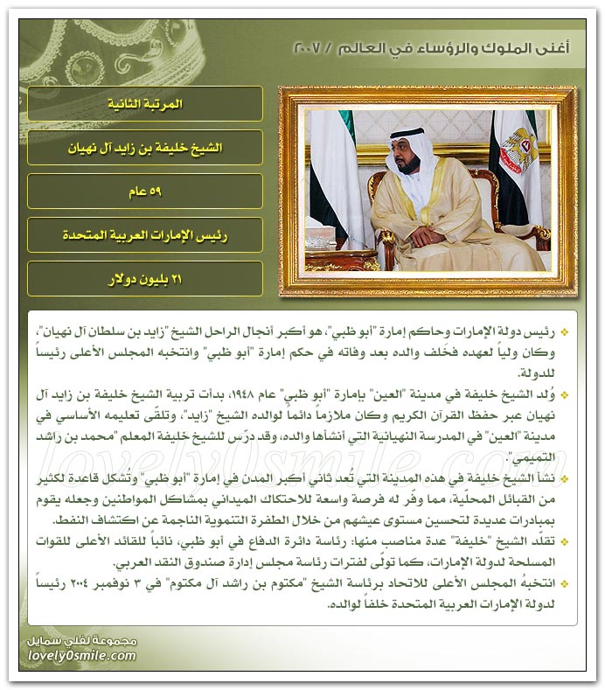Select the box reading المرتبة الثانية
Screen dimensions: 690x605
click(x=145, y=104)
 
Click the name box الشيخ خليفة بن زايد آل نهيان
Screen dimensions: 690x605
click(x=145, y=148)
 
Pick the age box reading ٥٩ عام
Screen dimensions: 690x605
click(x=145, y=191)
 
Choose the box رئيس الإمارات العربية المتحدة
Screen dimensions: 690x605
click(x=145, y=234)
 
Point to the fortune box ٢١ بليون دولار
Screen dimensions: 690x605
click(x=145, y=278)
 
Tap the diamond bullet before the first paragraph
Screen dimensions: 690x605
click(x=565, y=333)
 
